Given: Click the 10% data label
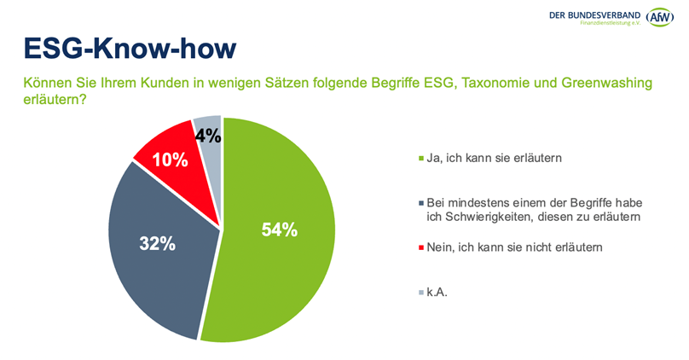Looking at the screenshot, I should pyautogui.click(x=170, y=159).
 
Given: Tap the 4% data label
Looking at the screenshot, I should pyautogui.click(x=208, y=135).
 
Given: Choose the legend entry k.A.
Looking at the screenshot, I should pyautogui.click(x=438, y=293).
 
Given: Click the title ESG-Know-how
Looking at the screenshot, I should pyautogui.click(x=129, y=49).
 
